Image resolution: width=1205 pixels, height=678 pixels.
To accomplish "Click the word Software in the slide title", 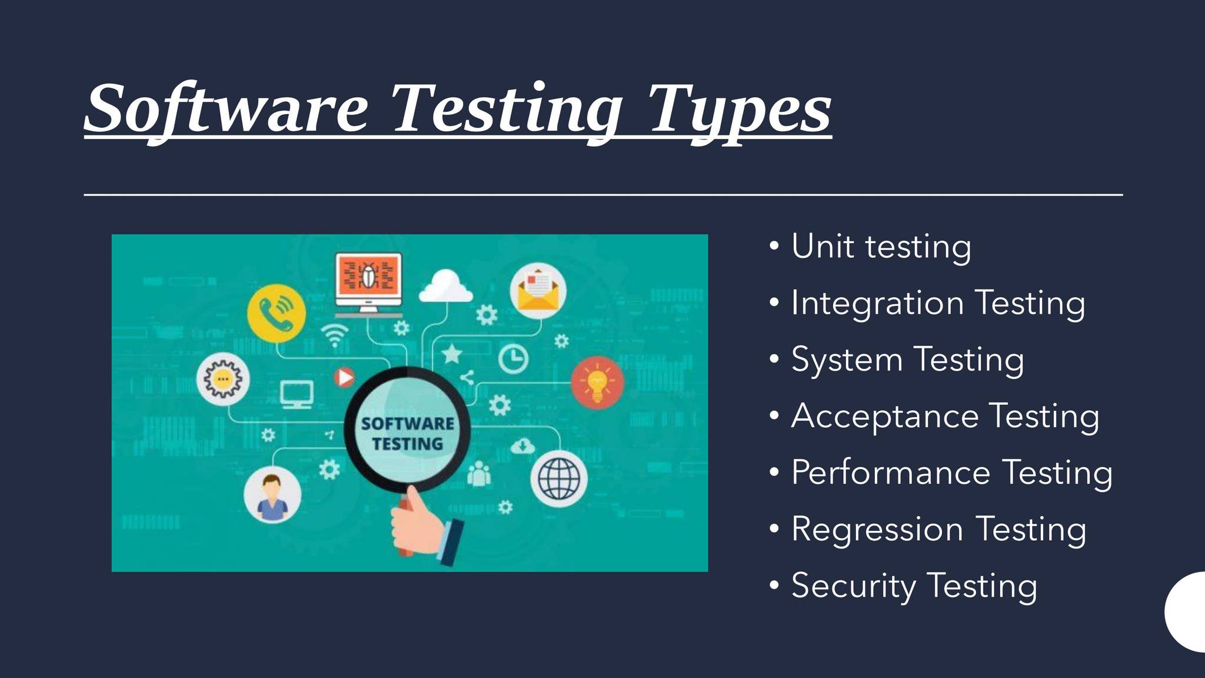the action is [x=227, y=109].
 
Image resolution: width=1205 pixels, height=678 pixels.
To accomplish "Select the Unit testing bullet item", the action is [x=881, y=247].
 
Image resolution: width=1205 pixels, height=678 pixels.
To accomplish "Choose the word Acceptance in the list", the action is [x=885, y=416].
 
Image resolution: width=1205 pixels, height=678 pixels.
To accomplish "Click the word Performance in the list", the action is [x=891, y=472].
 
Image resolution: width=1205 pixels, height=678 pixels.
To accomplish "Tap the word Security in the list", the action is [x=854, y=586].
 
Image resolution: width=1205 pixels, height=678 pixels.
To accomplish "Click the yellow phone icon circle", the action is [x=276, y=313].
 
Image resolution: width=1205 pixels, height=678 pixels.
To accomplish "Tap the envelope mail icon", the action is [x=538, y=291].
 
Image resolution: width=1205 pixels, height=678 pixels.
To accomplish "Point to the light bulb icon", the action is [x=597, y=383].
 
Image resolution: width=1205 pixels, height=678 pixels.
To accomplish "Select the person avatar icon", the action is [x=272, y=496].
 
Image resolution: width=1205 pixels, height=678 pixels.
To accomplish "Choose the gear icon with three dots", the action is [x=222, y=379].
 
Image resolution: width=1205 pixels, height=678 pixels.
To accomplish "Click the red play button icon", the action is [x=344, y=377].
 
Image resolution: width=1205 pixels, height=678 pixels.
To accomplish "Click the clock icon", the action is [x=513, y=358].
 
